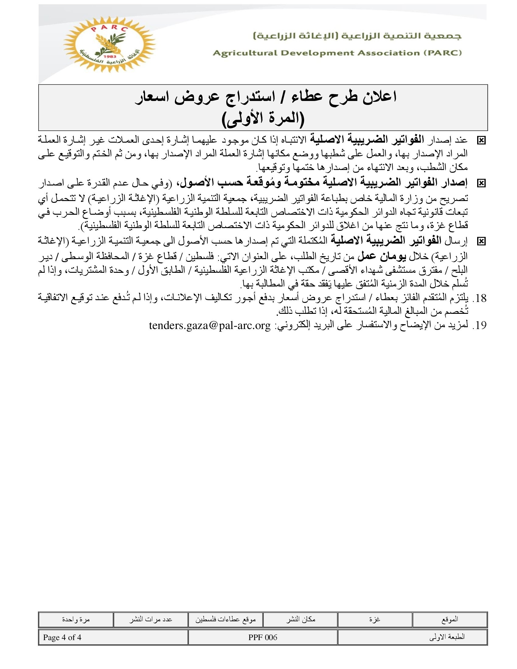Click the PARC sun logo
(109, 44)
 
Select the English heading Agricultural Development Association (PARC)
(337, 53)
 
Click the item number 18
(480, 298)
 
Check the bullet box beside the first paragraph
(481, 140)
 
